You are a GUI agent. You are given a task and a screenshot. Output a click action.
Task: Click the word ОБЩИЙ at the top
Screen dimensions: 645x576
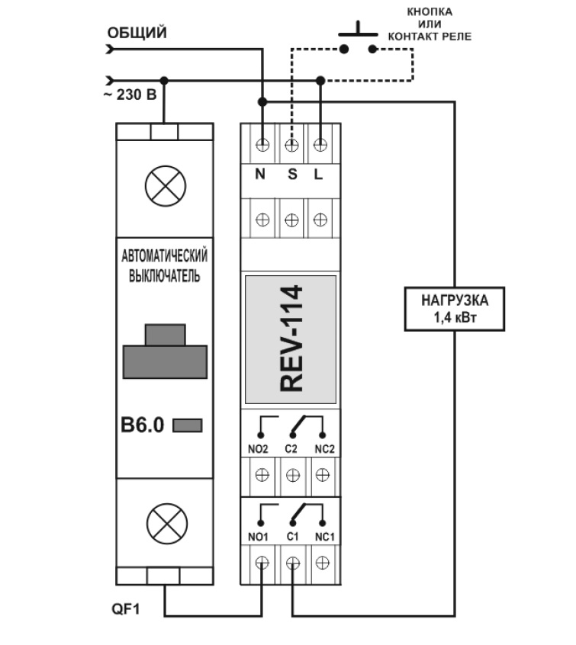(137, 33)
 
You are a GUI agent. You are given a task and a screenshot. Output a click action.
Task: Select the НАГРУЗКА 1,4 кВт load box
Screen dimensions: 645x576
(454, 307)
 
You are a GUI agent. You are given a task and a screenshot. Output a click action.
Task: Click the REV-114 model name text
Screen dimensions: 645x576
(291, 339)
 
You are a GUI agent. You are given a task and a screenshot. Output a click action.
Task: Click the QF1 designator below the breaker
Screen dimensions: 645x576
(127, 610)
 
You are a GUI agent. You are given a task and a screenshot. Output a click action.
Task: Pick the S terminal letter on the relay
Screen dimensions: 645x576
(291, 174)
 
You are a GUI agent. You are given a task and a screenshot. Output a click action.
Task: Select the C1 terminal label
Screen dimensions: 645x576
(291, 537)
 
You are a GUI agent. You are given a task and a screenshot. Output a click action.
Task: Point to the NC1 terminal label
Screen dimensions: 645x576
(323, 537)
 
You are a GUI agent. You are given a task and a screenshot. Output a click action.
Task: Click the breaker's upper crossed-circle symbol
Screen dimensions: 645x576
(165, 185)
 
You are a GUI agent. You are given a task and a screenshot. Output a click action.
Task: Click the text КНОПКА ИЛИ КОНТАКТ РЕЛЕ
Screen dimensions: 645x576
(429, 24)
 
